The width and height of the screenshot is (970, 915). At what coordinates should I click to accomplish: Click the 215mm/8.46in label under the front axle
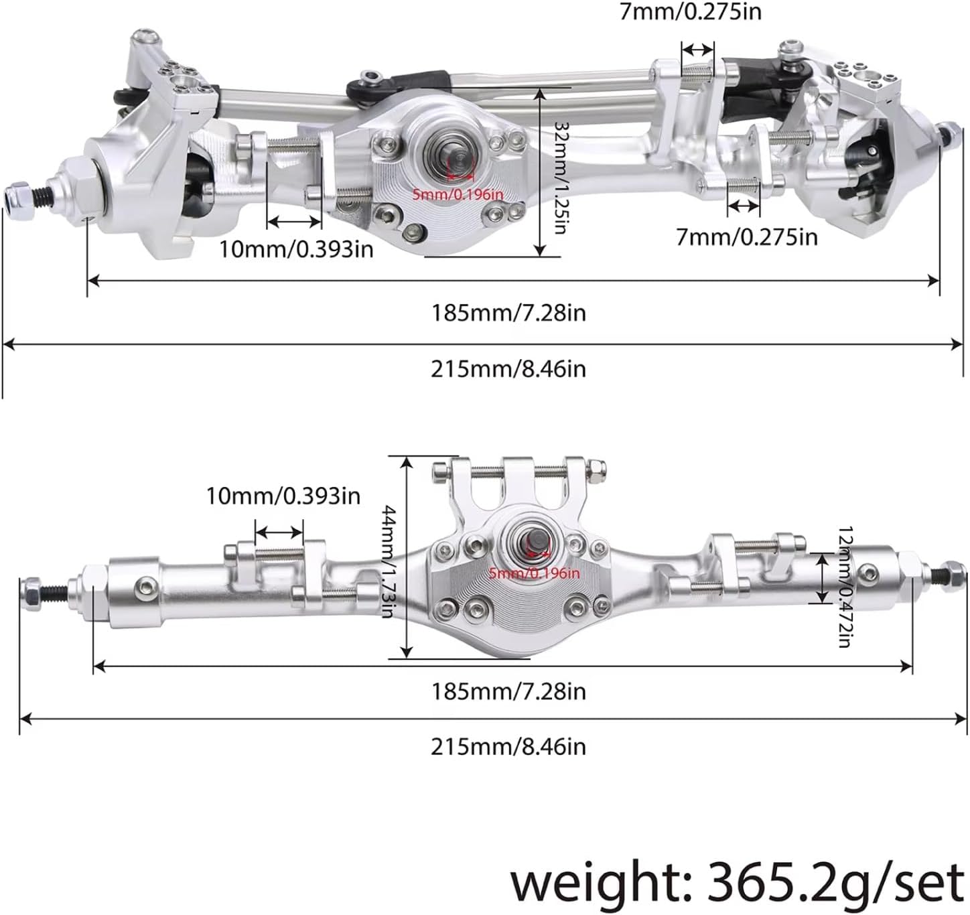click(508, 369)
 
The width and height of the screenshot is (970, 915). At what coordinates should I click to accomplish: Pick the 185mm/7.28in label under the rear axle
click(508, 691)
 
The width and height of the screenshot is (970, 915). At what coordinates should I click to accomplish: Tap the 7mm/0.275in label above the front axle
click(690, 11)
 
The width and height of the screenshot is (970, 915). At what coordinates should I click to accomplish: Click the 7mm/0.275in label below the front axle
click(746, 237)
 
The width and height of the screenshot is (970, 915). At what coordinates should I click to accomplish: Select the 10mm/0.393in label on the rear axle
click(283, 496)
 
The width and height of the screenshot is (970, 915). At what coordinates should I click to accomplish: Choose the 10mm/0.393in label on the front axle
click(296, 249)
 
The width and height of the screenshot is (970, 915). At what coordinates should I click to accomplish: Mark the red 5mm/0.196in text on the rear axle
click(533, 573)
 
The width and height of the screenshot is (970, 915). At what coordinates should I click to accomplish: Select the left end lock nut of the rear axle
click(30, 588)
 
